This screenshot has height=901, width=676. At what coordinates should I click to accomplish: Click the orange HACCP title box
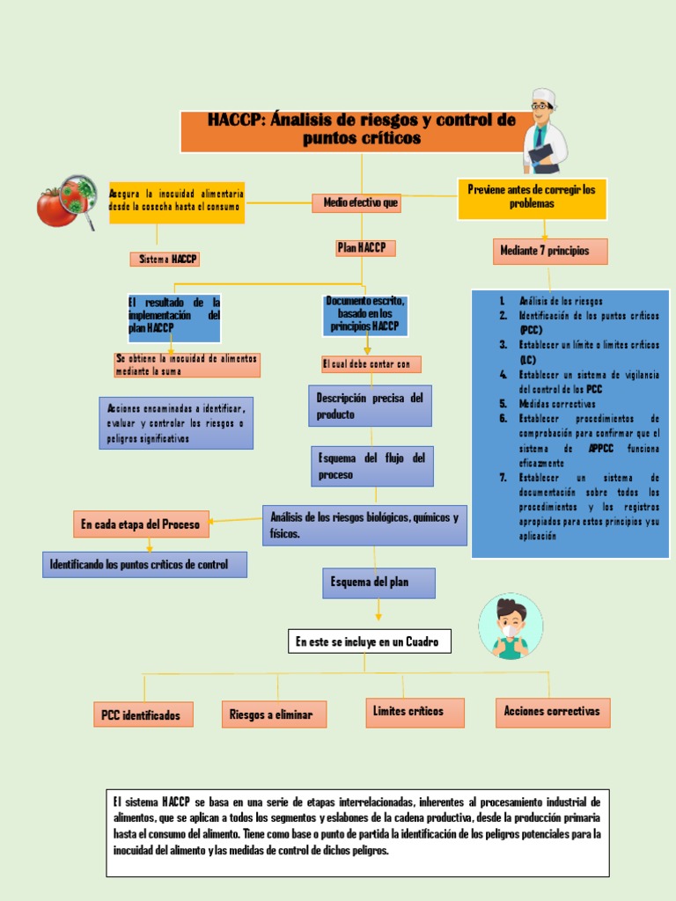tap(361, 131)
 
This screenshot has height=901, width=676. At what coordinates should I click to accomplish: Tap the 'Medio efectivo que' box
tap(361, 203)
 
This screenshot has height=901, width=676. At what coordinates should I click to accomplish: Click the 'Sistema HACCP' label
tap(165, 259)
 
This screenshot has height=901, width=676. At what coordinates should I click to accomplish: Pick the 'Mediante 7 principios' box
tap(550, 251)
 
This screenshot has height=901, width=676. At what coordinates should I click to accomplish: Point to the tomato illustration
tap(55, 208)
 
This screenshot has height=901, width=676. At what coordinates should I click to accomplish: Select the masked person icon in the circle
tap(511, 626)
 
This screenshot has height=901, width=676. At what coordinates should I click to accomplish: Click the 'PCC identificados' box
tap(143, 714)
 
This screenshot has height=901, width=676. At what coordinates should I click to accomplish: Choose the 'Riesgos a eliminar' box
tap(273, 714)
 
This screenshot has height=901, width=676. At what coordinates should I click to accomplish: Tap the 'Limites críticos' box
tap(415, 712)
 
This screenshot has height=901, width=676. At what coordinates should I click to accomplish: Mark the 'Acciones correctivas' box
tap(553, 712)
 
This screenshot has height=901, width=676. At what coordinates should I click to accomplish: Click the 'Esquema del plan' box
tap(378, 582)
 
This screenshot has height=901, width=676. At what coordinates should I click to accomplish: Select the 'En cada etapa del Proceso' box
tap(141, 524)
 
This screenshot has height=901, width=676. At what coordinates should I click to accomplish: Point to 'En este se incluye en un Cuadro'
tap(370, 642)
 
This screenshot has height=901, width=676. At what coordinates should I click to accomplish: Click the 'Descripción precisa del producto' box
tap(370, 406)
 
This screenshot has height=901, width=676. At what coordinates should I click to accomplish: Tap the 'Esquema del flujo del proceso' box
tap(371, 466)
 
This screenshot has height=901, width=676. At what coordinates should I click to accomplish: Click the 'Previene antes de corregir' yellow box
tap(532, 197)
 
